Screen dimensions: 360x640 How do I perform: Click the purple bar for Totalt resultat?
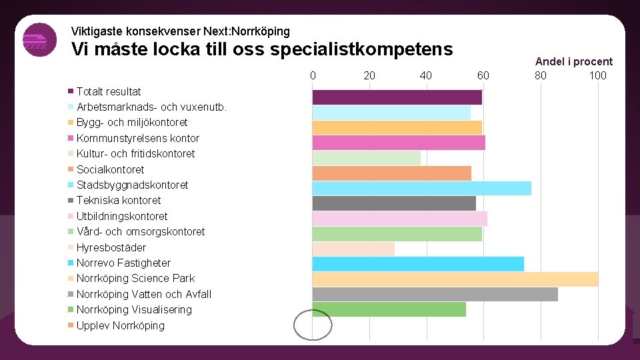click(x=397, y=97)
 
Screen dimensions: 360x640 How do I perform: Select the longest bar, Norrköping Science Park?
click(x=455, y=279)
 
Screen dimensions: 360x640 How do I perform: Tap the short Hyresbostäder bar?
click(x=353, y=249)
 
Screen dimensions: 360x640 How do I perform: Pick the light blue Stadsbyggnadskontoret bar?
click(x=421, y=188)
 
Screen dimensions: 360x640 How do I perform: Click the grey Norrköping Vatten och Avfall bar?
click(x=435, y=294)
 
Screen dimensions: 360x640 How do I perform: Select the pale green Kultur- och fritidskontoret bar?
click(x=366, y=158)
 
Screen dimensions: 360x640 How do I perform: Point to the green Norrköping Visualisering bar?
click(x=389, y=309)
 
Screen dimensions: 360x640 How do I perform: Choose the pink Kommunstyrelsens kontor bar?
click(x=399, y=143)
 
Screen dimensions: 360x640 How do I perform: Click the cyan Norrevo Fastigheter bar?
click(x=418, y=264)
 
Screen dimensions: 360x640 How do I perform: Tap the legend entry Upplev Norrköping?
click(x=120, y=325)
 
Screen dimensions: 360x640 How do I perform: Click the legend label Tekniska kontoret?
click(x=118, y=200)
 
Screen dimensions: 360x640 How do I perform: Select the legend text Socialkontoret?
click(x=110, y=169)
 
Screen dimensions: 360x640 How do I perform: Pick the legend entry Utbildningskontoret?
click(x=121, y=216)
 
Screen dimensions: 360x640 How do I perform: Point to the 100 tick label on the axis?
click(x=597, y=75)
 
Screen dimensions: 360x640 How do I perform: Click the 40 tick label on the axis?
click(x=426, y=75)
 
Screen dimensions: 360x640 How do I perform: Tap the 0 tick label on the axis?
click(x=313, y=75)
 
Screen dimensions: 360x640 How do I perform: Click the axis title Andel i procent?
click(x=573, y=61)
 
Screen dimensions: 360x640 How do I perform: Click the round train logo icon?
click(x=39, y=40)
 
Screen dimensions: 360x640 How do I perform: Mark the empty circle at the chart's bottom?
click(x=313, y=325)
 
